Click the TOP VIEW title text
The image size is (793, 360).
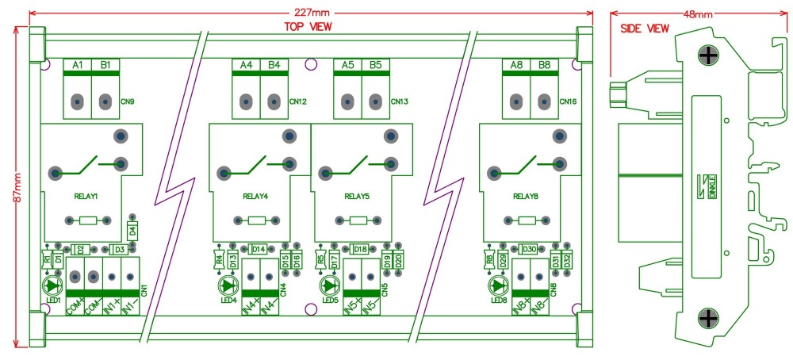pyautogui.click(x=308, y=26)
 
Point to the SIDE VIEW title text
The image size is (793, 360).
pyautogui.click(x=643, y=28)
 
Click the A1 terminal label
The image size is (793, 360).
pyautogui.click(x=78, y=64)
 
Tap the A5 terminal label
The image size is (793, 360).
pyautogui.click(x=347, y=64)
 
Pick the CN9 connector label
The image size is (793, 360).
pyautogui.click(x=128, y=102)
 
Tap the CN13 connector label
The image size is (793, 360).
pyautogui.click(x=399, y=102)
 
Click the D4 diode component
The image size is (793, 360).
pyautogui.click(x=132, y=231)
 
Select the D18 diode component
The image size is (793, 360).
pyautogui.click(x=359, y=249)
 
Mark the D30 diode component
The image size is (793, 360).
pyautogui.click(x=529, y=249)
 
